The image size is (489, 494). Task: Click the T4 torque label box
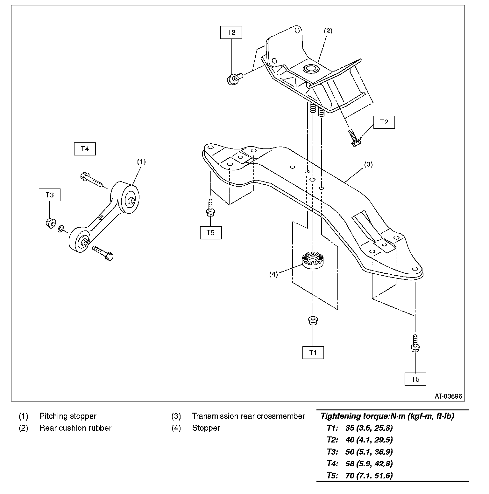[x=85, y=149]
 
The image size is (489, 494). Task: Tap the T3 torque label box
[x=50, y=195]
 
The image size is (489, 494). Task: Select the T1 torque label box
[x=313, y=353]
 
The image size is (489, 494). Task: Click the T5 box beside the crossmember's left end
[x=210, y=232]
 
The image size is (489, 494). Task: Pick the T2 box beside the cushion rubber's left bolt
[x=231, y=32]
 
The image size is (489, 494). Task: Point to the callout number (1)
[x=141, y=161]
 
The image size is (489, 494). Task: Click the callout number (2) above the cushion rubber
[x=328, y=31]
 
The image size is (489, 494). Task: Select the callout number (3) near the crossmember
[x=368, y=165]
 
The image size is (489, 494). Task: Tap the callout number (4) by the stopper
[x=273, y=274]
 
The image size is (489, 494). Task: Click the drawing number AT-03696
[x=448, y=396]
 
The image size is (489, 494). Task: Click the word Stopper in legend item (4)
[x=206, y=428]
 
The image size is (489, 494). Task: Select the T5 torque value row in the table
[x=360, y=476]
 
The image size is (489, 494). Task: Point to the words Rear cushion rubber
[x=75, y=428]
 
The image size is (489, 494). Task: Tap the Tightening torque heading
[x=387, y=416]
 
